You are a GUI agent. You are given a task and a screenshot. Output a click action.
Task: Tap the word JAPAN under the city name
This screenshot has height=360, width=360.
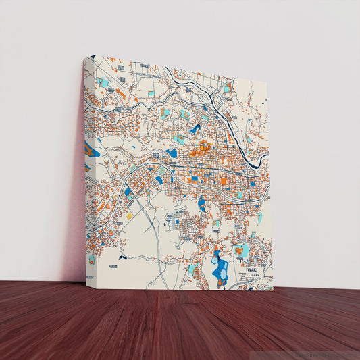[254, 276]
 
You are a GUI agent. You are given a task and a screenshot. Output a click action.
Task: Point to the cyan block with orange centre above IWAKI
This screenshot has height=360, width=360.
[241, 251]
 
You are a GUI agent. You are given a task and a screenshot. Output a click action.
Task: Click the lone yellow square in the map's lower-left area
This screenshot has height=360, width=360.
[130, 216]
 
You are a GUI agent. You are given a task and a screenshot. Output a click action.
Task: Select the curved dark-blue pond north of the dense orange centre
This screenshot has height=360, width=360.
[195, 128]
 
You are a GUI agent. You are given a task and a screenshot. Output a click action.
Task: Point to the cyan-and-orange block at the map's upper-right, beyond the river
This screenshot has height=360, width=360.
[227, 88]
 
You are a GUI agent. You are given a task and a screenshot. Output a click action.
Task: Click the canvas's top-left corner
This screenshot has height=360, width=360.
[93, 56]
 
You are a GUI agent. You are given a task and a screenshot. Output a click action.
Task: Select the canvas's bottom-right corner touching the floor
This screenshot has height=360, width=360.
[273, 290]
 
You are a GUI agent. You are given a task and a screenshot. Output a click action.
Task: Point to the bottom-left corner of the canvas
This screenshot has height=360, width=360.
[85, 278]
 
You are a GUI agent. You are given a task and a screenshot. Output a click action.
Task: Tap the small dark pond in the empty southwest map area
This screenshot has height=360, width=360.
[122, 257]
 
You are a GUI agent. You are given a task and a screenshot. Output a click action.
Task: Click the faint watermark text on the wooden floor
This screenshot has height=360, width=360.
[317, 353]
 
